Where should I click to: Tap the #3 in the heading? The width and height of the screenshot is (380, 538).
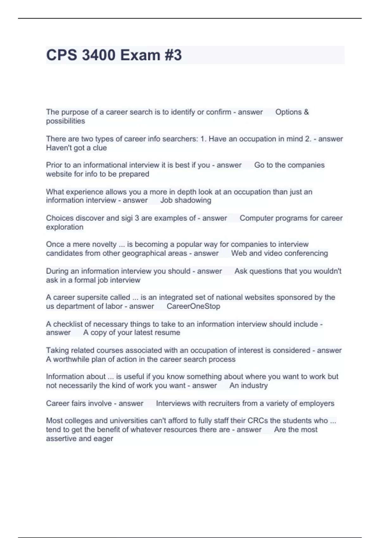pyautogui.click(x=173, y=55)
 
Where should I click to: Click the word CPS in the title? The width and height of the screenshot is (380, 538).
pyautogui.click(x=61, y=55)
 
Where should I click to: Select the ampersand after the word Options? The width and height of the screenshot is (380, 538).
pyautogui.click(x=306, y=112)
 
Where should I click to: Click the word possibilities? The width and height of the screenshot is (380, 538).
pyautogui.click(x=66, y=121)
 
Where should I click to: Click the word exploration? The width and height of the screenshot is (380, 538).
pyautogui.click(x=65, y=227)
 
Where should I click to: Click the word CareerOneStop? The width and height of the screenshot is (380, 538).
pyautogui.click(x=193, y=306)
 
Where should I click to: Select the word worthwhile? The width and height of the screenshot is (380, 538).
pyautogui.click(x=71, y=359)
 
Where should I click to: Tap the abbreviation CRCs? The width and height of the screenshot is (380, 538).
pyautogui.click(x=257, y=421)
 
